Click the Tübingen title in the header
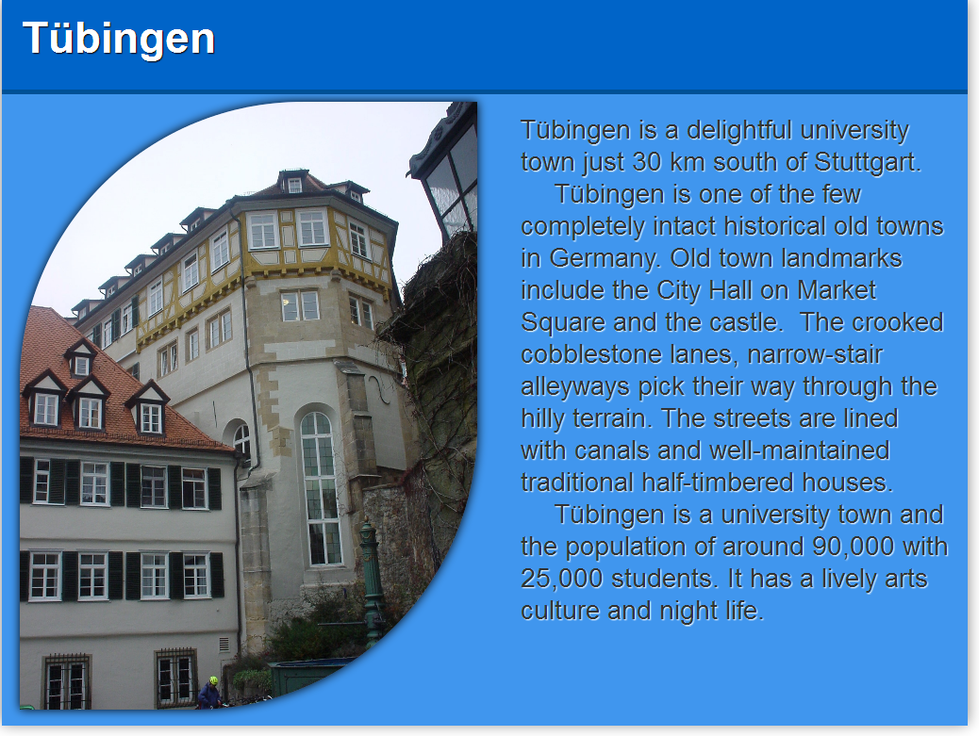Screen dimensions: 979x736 click(119, 39)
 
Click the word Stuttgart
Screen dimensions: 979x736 click(868, 162)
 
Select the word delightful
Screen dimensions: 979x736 click(739, 130)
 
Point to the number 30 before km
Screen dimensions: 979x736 click(647, 162)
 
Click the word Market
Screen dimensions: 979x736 click(837, 290)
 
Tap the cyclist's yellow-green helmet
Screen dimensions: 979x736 click(213, 679)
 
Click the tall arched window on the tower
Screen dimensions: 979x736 click(321, 488)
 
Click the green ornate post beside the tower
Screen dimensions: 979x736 click(372, 581)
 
